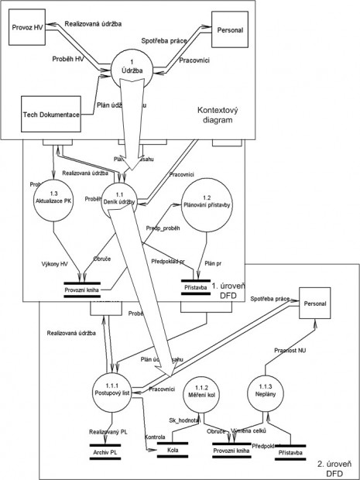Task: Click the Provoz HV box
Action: tap(27, 28)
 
